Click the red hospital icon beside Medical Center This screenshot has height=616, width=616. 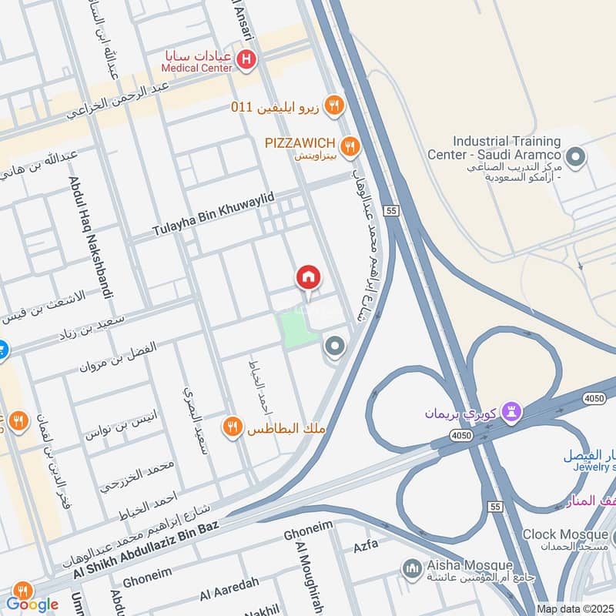(246, 59)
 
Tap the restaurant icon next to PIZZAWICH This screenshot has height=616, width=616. (351, 145)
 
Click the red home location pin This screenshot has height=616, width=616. (309, 278)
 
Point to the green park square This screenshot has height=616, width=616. (299, 330)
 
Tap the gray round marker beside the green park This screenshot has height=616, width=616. (334, 348)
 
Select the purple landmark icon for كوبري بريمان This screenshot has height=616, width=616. (511, 413)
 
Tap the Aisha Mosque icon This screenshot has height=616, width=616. (411, 568)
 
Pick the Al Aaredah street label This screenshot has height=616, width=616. (227, 591)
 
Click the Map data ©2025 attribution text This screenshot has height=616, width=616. (574, 608)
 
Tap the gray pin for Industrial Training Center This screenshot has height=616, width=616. (581, 157)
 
